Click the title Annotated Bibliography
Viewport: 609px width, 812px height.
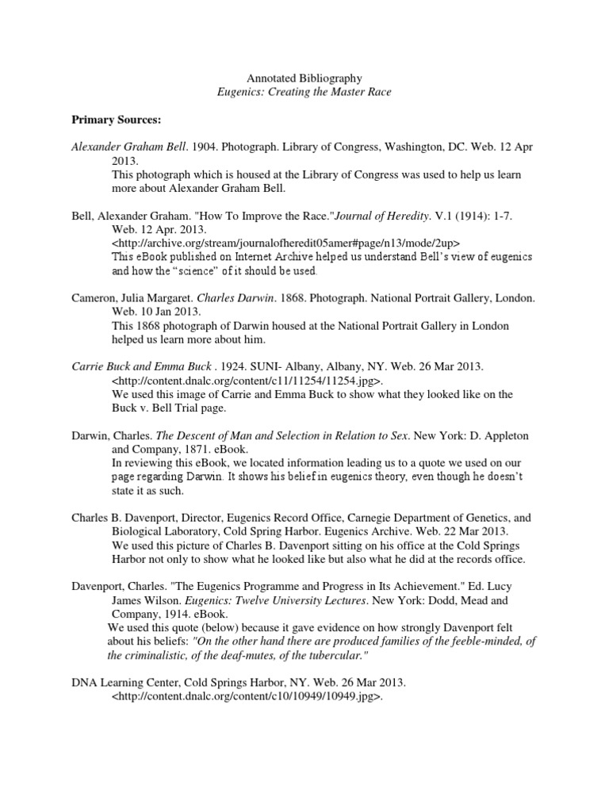(304, 79)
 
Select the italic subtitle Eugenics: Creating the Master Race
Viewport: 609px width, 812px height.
(304, 92)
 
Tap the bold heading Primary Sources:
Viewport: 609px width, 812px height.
(117, 120)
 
